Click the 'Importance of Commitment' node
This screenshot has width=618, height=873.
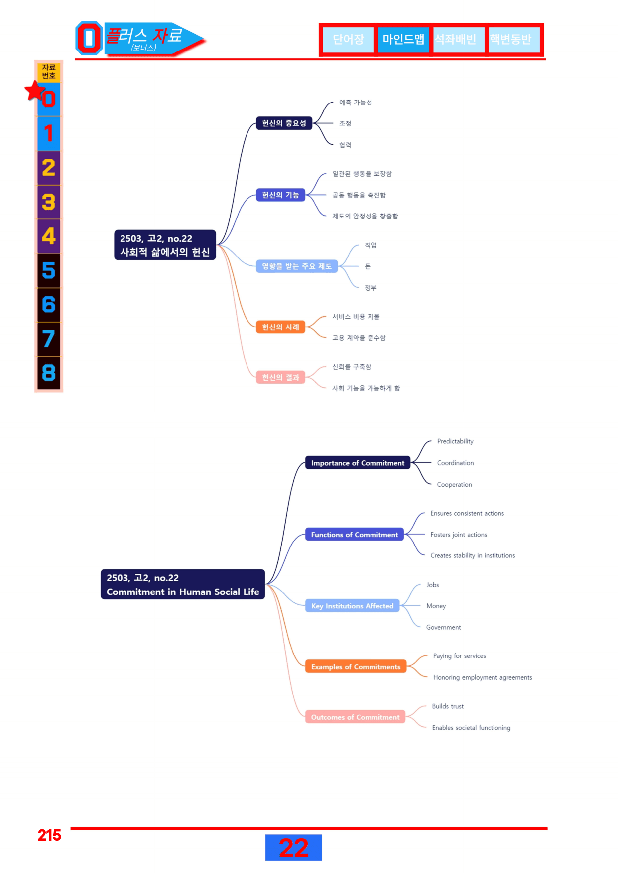[358, 463]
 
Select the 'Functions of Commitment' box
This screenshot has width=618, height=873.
[355, 535]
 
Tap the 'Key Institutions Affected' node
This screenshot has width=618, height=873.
[352, 606]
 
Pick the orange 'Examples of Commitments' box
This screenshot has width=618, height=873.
[356, 667]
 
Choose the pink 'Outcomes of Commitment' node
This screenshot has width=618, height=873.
[355, 717]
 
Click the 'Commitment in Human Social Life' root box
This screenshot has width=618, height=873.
[183, 584]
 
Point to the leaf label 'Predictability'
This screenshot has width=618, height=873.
[455, 441]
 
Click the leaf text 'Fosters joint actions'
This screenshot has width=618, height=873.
[459, 535]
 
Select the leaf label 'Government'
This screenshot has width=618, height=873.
[443, 627]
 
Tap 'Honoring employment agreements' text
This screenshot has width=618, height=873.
[483, 677]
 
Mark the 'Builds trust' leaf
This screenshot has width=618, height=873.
[448, 706]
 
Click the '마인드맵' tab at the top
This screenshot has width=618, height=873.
[403, 39]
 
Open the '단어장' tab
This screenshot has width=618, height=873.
[348, 39]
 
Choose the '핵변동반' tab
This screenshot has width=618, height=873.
[510, 39]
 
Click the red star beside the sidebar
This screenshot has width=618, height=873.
[35, 91]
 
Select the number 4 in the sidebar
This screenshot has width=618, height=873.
[49, 236]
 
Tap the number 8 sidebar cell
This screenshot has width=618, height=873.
[49, 373]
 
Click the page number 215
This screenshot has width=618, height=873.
[49, 835]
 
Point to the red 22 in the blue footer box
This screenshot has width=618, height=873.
[293, 848]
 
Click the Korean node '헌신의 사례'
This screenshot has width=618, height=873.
[280, 327]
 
